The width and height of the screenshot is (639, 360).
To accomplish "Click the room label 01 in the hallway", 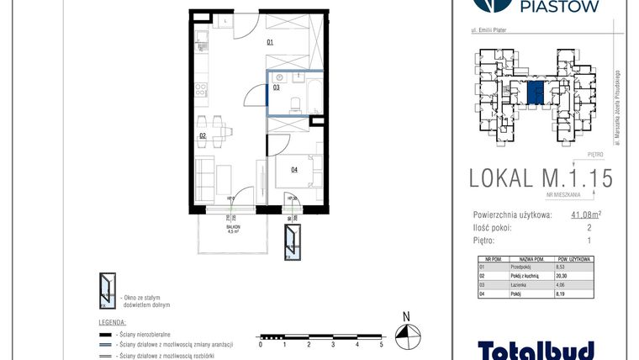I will coord(271,41).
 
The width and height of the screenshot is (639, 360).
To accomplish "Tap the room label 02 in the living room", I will coord(203,135).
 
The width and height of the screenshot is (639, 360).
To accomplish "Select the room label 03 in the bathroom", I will coord(275,87).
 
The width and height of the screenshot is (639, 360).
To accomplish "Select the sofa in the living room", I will coord(204,177).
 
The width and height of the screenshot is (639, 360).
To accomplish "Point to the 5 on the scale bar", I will coord(382,345).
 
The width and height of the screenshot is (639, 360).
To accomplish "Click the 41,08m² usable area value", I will coord(586,215).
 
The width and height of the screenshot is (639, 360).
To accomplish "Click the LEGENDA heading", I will coord(113,322).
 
